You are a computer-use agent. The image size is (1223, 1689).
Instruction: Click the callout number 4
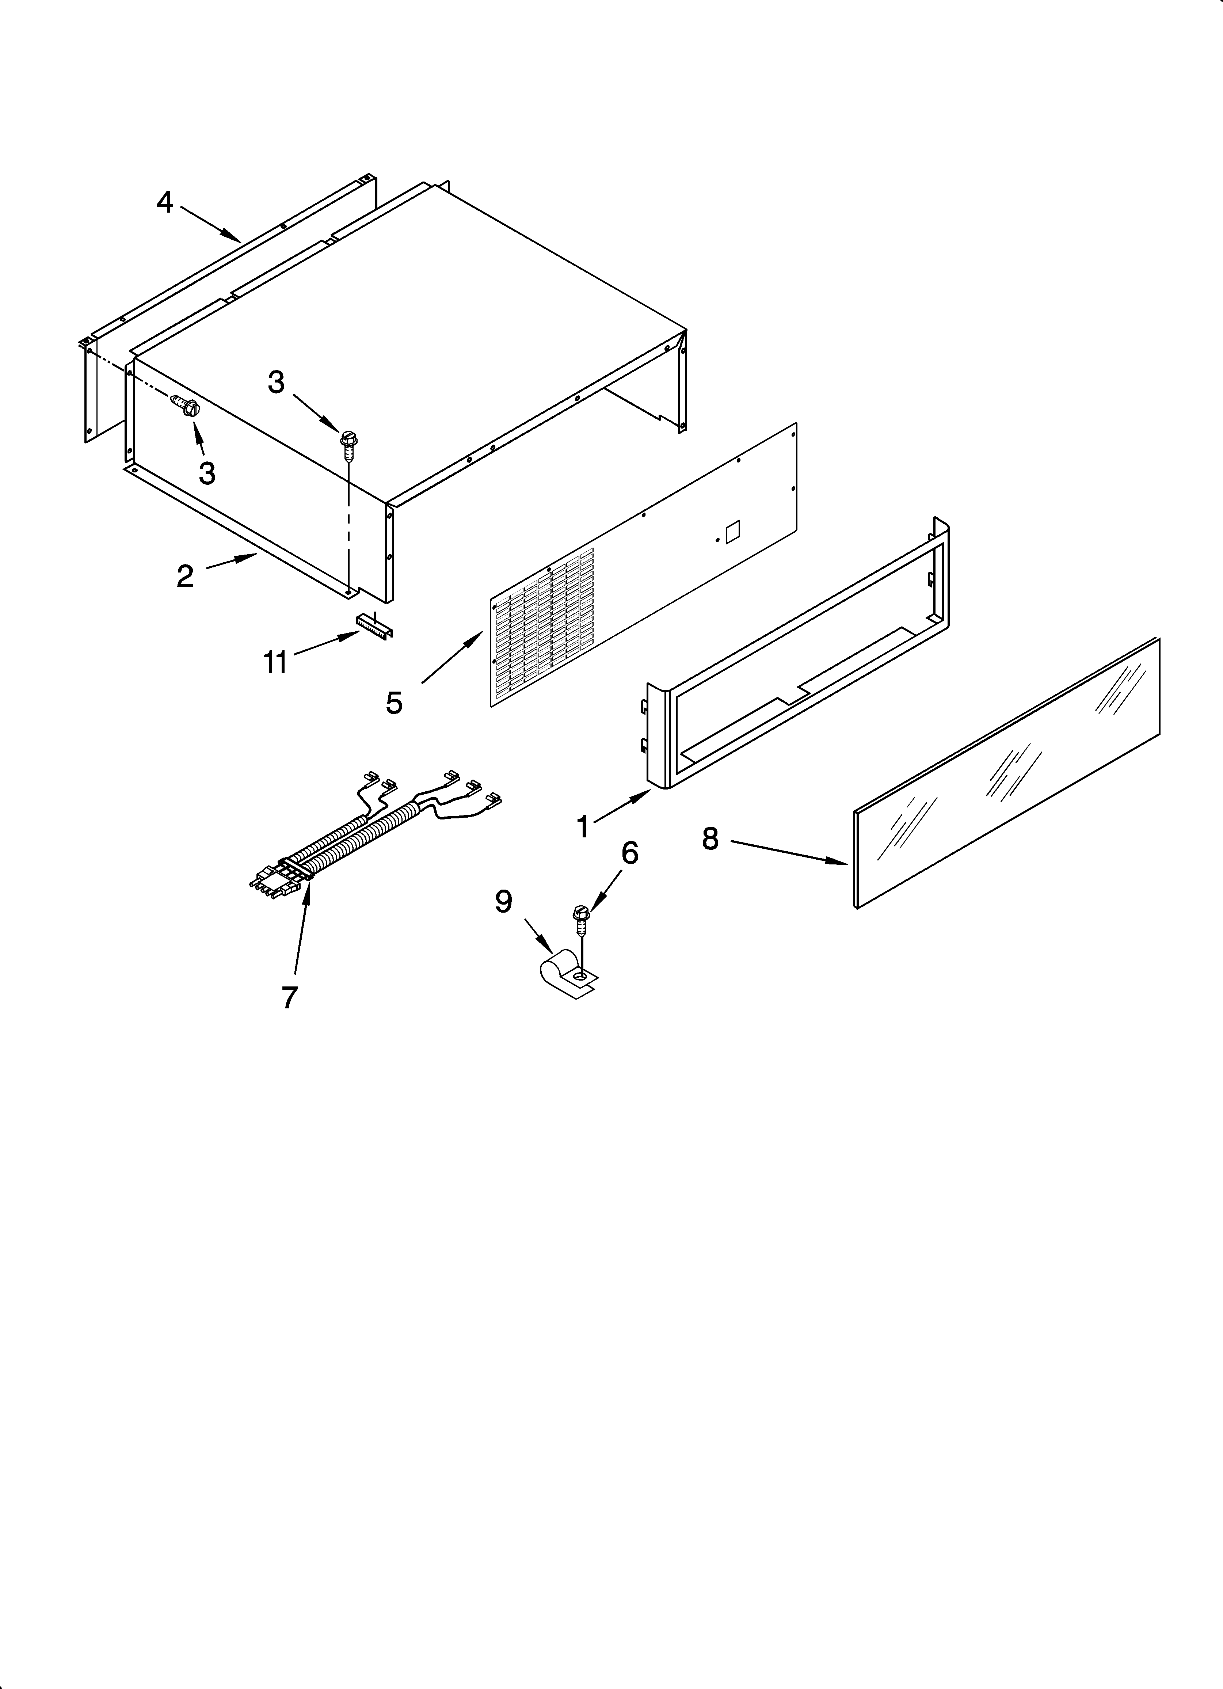[165, 202]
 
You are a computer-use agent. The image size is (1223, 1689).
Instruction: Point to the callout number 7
[290, 996]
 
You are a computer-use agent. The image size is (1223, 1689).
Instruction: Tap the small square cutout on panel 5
[732, 529]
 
